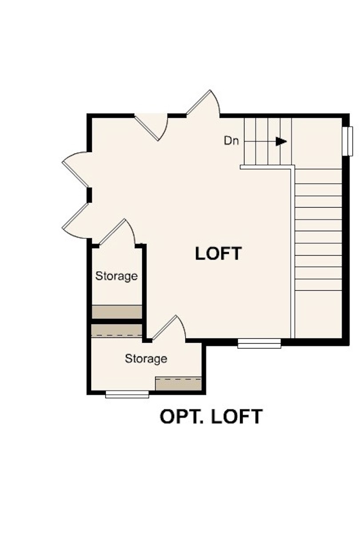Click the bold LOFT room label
pos(218,253)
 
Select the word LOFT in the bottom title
pos(237,417)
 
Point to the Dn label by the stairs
pos(231,141)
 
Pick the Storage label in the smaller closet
pos(116,276)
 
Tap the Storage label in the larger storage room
pos(146,358)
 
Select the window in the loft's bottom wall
pos(259,343)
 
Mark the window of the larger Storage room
pos(127,394)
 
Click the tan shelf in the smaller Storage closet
pos(116,311)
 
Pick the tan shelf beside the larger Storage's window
pos(178,383)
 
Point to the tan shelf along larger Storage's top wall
pos(116,331)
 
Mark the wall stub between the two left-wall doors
pos(89,194)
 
